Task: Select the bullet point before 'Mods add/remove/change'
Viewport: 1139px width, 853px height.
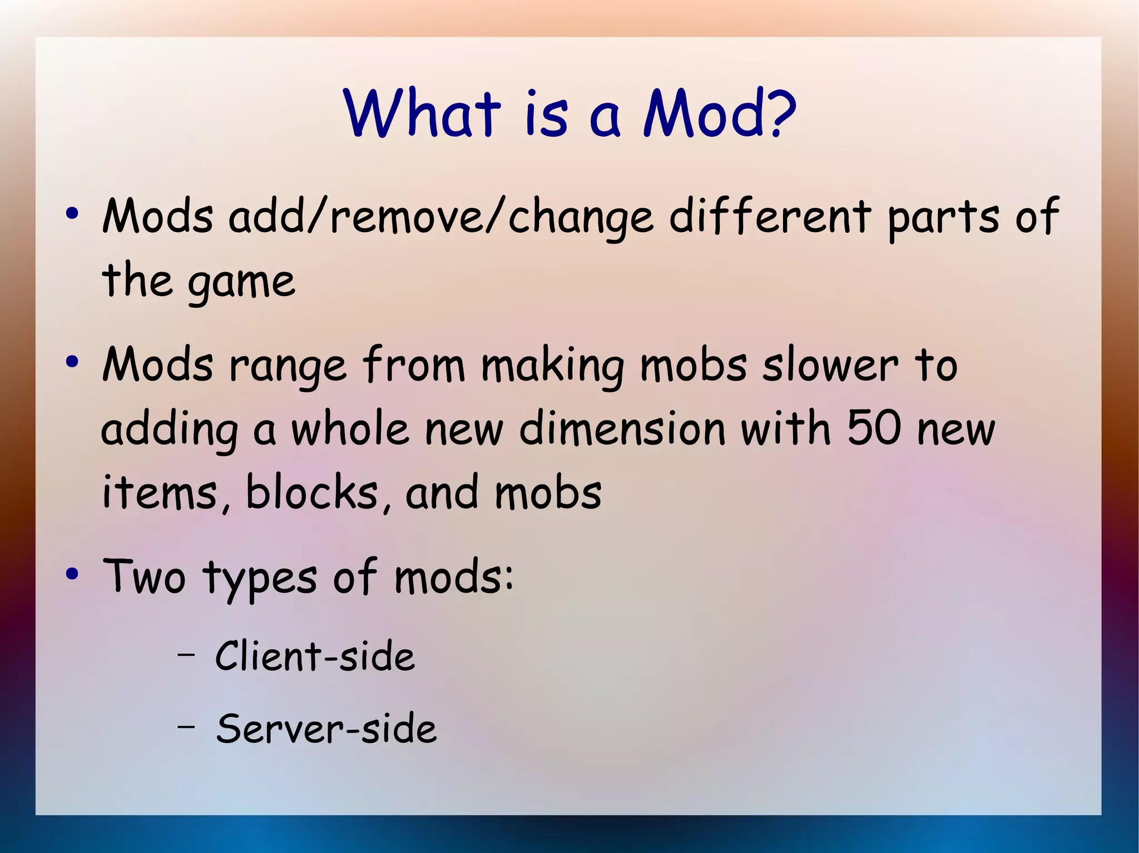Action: tap(71, 214)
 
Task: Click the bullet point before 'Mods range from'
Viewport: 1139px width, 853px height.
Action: tap(71, 362)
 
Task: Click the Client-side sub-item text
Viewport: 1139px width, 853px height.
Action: tap(315, 656)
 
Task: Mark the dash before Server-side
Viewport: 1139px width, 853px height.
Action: tap(186, 725)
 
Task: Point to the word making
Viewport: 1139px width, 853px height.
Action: tap(552, 367)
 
